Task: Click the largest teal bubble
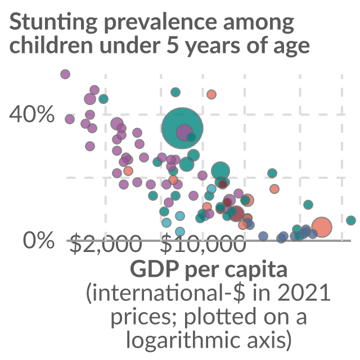[x=182, y=128]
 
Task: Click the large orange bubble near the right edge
[x=321, y=227]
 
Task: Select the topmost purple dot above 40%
[x=65, y=74]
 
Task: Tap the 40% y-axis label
[x=31, y=114]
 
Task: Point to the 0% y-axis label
[x=39, y=240]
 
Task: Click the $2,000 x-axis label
[x=106, y=244]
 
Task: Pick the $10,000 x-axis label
[x=203, y=244]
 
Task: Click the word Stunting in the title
[x=53, y=23]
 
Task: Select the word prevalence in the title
[x=161, y=23]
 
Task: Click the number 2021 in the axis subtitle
[x=304, y=292]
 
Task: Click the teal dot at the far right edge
[x=351, y=220]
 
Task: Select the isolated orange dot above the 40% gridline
[x=211, y=94]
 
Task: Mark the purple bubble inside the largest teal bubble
[x=184, y=133]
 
